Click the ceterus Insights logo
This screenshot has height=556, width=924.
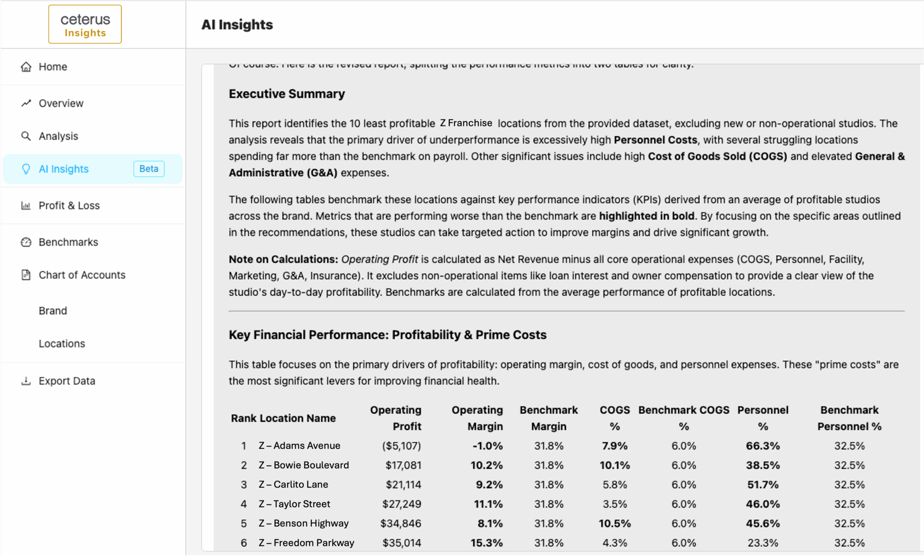click(85, 24)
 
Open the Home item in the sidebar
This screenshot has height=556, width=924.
click(53, 67)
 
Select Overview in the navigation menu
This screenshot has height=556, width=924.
click(61, 103)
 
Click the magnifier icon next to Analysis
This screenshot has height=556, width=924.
click(26, 136)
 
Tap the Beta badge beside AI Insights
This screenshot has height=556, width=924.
click(148, 169)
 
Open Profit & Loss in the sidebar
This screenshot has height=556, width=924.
click(69, 206)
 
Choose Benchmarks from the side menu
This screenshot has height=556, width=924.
click(68, 242)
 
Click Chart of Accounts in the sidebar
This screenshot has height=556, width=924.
click(82, 275)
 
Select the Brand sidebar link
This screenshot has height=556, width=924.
click(53, 311)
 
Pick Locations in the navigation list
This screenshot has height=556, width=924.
click(62, 344)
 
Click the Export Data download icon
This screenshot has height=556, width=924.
click(26, 381)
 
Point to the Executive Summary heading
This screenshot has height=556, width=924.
click(286, 94)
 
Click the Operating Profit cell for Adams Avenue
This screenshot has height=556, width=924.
click(401, 446)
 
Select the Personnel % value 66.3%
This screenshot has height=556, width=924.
click(762, 446)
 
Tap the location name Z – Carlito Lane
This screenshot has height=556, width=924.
click(293, 485)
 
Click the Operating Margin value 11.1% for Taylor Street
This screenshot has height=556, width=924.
click(488, 504)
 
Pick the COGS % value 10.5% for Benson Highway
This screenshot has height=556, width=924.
click(614, 523)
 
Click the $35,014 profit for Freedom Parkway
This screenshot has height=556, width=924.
click(402, 543)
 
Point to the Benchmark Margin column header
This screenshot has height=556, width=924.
click(549, 418)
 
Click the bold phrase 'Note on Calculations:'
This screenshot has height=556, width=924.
click(283, 259)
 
